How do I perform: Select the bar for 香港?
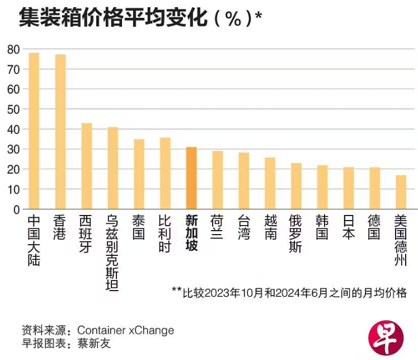point(60,132)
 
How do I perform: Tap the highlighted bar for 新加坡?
point(191,178)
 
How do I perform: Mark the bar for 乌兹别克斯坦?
point(112,168)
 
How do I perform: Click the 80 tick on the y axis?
point(13,49)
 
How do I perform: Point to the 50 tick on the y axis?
point(13,109)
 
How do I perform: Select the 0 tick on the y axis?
point(17,209)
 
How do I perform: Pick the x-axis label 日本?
point(348,227)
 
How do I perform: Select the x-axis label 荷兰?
point(217,227)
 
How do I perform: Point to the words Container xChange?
point(125,330)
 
